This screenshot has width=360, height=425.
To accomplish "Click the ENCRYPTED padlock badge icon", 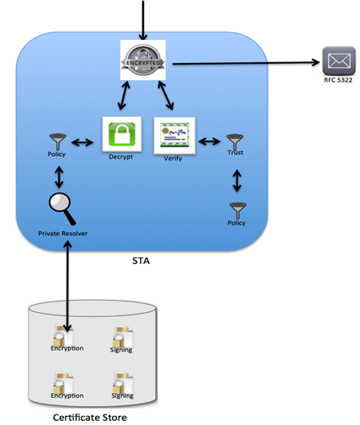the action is pos(143,60).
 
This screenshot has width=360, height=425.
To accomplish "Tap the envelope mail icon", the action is pos(339,61).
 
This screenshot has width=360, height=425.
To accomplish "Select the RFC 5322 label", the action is pos(338,80).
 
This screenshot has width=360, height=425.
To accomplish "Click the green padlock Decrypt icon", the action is pos(122,134).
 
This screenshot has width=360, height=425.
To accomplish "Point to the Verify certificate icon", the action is pos(174,136).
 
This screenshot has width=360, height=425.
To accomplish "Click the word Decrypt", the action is pos(120,157).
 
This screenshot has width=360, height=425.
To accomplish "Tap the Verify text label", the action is pos(173,159).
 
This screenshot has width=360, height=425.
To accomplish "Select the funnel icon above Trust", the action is pos(235,141).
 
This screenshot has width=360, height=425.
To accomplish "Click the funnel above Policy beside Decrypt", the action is pos(58,141).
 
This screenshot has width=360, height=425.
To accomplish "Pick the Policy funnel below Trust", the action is pos(238,211).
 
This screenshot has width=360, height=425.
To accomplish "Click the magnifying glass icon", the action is pos(62,208).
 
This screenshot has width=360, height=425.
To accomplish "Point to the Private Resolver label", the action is pos(63,234).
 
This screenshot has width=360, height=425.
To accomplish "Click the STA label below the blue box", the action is pos(141,261).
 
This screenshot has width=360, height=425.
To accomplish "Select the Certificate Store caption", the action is pos(90,418).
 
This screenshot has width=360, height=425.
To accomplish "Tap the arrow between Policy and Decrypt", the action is pos(83,142).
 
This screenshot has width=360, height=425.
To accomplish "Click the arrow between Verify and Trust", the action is pos(209,141).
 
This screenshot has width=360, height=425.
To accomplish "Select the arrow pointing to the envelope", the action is pos(246,63).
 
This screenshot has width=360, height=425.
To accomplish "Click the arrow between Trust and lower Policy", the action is pos(237,181).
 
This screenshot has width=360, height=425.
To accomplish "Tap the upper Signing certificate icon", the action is pos(123,337).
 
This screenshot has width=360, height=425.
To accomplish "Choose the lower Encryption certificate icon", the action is pos(64,383).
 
